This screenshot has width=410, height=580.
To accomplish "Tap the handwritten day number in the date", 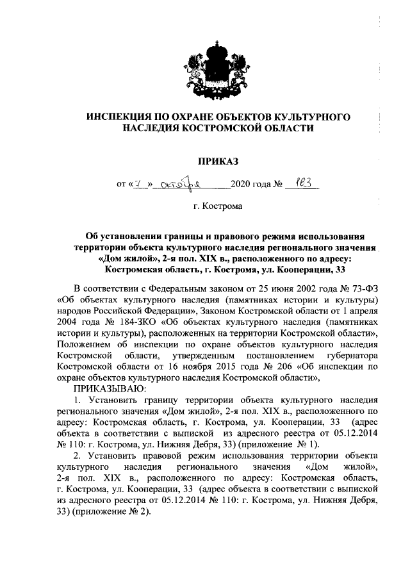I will click(138, 184).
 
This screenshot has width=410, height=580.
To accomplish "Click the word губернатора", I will click(336, 356).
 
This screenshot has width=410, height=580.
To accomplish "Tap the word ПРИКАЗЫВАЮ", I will click(110, 390).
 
